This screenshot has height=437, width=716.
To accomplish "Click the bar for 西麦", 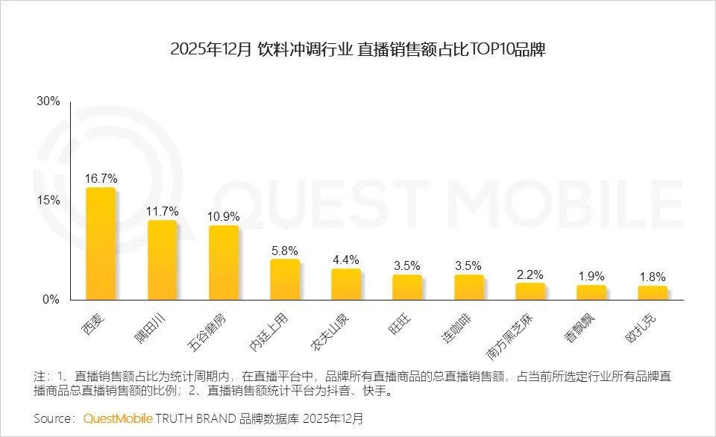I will [x=101, y=244].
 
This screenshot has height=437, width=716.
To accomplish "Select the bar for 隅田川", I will [x=162, y=260].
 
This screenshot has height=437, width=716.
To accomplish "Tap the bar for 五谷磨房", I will [x=223, y=262].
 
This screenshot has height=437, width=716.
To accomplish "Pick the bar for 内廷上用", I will [x=285, y=280].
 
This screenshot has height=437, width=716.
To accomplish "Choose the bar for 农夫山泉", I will [x=346, y=284].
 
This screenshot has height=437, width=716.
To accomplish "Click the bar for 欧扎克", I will [x=653, y=292].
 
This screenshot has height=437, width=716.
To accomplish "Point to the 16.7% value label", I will [x=101, y=179].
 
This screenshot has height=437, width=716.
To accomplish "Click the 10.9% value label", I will [x=223, y=216].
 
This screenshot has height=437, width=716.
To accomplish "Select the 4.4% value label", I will [x=346, y=260].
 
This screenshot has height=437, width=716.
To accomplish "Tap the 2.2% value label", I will [x=530, y=274].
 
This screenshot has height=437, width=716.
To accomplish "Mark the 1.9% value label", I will [x=591, y=276].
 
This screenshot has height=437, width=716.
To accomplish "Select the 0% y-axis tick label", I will [x=51, y=300].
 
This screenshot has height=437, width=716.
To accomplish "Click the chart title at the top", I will [x=358, y=50].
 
